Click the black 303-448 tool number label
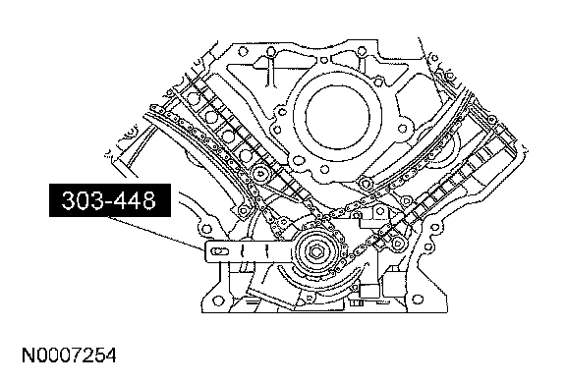tap(110, 200)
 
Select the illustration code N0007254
tap(70, 356)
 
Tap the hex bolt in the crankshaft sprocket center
tap(316, 252)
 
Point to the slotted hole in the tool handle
tap(220, 251)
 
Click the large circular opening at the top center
tap(337, 117)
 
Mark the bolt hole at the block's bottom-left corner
tap(217, 301)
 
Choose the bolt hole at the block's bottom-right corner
tap(418, 300)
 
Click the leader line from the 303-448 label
tap(156, 234)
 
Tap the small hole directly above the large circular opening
tap(324, 60)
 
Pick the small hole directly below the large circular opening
tap(324, 169)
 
